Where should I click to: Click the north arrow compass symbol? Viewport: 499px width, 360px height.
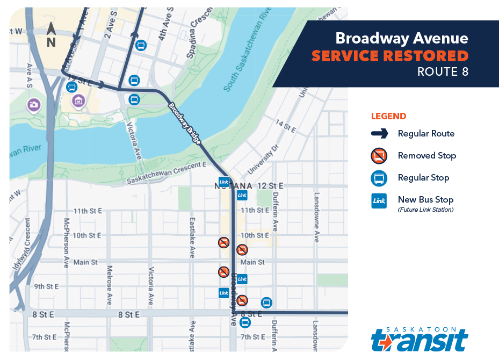point(51,35)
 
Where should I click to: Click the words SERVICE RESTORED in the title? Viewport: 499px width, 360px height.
point(390,56)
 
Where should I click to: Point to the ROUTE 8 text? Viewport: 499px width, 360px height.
point(443,72)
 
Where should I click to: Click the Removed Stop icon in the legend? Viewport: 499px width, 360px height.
point(379,156)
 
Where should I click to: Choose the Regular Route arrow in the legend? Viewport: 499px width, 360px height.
point(379,134)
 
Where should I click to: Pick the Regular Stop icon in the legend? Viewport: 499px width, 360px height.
point(379,178)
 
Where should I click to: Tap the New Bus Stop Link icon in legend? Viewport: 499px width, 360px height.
point(379,201)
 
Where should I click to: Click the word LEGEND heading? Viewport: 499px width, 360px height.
point(388,116)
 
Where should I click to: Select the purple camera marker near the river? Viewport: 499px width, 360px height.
point(33,104)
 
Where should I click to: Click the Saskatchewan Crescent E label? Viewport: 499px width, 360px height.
point(167,173)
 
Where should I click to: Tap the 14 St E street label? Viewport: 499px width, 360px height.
point(286,127)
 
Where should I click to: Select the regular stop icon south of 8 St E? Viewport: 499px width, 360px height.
point(245,323)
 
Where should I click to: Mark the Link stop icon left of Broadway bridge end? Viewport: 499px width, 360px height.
point(224,182)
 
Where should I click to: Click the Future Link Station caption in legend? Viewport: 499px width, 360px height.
point(425,210)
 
